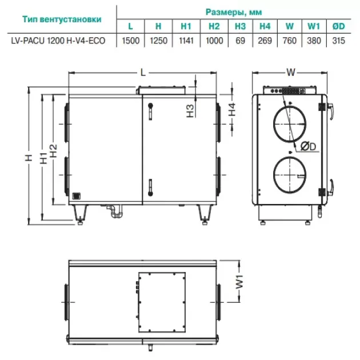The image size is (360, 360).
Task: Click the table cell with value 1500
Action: click(130, 41)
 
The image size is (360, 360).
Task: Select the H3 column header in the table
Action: click(240, 26)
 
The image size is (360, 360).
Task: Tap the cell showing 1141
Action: click(186, 41)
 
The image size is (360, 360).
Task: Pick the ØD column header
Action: click(338, 26)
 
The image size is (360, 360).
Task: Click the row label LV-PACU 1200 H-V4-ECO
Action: click(58, 41)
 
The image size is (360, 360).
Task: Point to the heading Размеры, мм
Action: click(234, 12)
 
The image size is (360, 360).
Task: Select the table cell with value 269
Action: click(265, 41)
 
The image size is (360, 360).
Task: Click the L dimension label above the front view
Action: click(143, 73)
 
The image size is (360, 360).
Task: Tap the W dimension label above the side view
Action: click(291, 73)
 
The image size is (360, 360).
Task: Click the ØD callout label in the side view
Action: click(308, 146)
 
